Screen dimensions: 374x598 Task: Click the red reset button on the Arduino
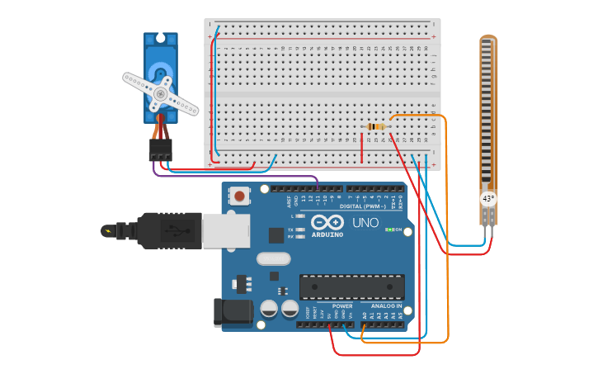[239, 196]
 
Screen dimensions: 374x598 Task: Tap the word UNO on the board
[365, 223]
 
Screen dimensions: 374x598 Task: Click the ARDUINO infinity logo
[327, 222]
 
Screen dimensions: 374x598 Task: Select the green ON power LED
[388, 229]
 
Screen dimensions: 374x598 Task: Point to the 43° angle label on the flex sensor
[488, 199]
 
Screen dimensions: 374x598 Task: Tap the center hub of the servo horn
[158, 94]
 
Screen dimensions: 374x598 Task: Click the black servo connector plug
[161, 150]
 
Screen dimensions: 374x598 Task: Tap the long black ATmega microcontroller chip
[352, 286]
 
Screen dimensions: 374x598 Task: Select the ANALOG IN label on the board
[386, 305]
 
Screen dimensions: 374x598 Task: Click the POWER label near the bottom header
[342, 305]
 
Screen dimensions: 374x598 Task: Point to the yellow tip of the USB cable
[106, 230]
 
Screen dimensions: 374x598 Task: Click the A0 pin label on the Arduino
[364, 315]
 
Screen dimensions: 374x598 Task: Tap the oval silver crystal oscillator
[273, 259]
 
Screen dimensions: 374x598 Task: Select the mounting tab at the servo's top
[160, 39]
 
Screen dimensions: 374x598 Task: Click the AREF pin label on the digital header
[289, 200]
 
